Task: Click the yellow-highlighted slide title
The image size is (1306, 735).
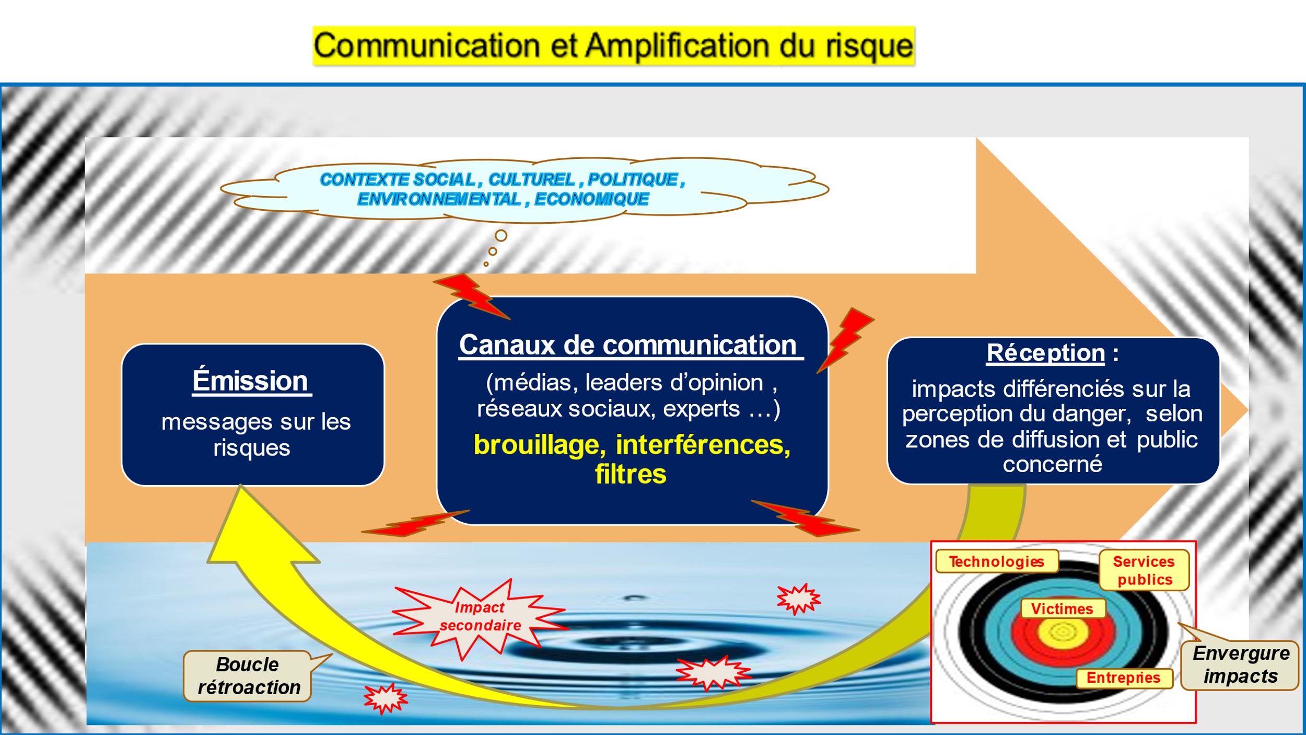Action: [614, 46]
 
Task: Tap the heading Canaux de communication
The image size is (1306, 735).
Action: [630, 346]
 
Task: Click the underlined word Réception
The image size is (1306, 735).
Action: [1045, 353]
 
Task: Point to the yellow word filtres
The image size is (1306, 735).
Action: [631, 474]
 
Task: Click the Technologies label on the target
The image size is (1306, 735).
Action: [997, 561]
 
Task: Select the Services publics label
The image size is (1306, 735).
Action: [1144, 570]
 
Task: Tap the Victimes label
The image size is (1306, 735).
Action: [1063, 609]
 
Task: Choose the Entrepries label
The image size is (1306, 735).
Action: [1124, 678]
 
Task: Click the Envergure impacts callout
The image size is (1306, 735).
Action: [1241, 665]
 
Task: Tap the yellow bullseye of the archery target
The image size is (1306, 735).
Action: [1063, 633]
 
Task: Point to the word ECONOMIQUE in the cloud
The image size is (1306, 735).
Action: [591, 199]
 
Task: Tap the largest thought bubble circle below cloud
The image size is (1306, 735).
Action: [501, 236]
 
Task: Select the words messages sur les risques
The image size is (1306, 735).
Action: [255, 434]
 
